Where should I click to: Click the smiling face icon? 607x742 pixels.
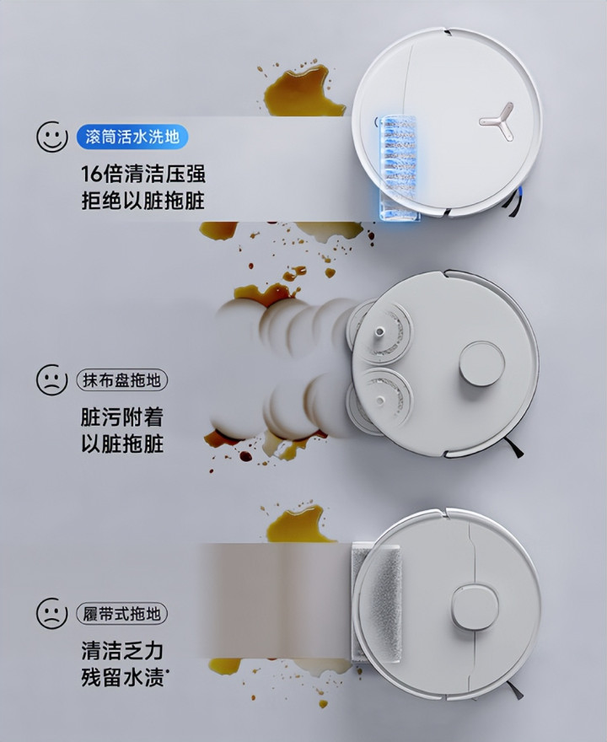(x=52, y=137)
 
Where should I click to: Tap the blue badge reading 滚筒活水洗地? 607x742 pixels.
(x=132, y=137)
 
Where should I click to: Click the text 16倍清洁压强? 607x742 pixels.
(x=143, y=174)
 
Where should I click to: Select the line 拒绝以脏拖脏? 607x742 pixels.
(x=143, y=201)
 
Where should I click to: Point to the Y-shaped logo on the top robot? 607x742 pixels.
(x=497, y=121)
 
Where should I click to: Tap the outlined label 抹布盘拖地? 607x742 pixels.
(x=122, y=380)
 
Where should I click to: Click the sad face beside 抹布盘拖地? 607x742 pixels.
(x=52, y=379)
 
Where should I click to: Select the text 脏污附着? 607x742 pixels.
(x=122, y=417)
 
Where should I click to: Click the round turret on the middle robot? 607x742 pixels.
(x=481, y=364)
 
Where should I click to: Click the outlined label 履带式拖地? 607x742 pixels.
(x=122, y=614)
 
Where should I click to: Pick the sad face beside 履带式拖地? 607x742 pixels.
(x=52, y=613)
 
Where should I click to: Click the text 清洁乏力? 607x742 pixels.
(x=122, y=651)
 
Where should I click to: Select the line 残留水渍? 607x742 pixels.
(x=125, y=678)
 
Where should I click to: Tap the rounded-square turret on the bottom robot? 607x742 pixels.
(x=475, y=608)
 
